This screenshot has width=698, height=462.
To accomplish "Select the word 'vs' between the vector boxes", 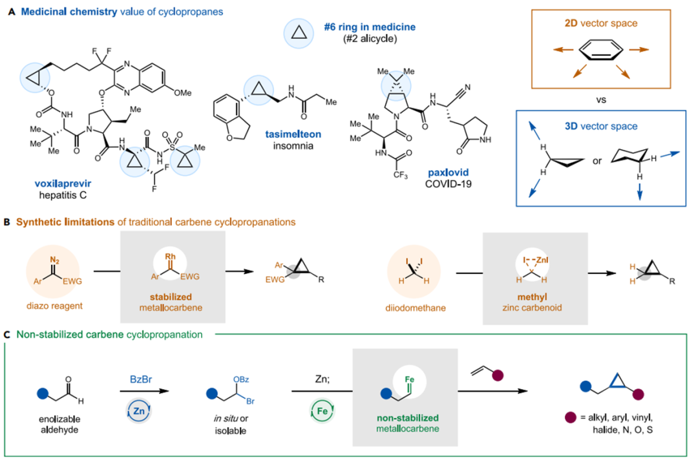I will (598, 97).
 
